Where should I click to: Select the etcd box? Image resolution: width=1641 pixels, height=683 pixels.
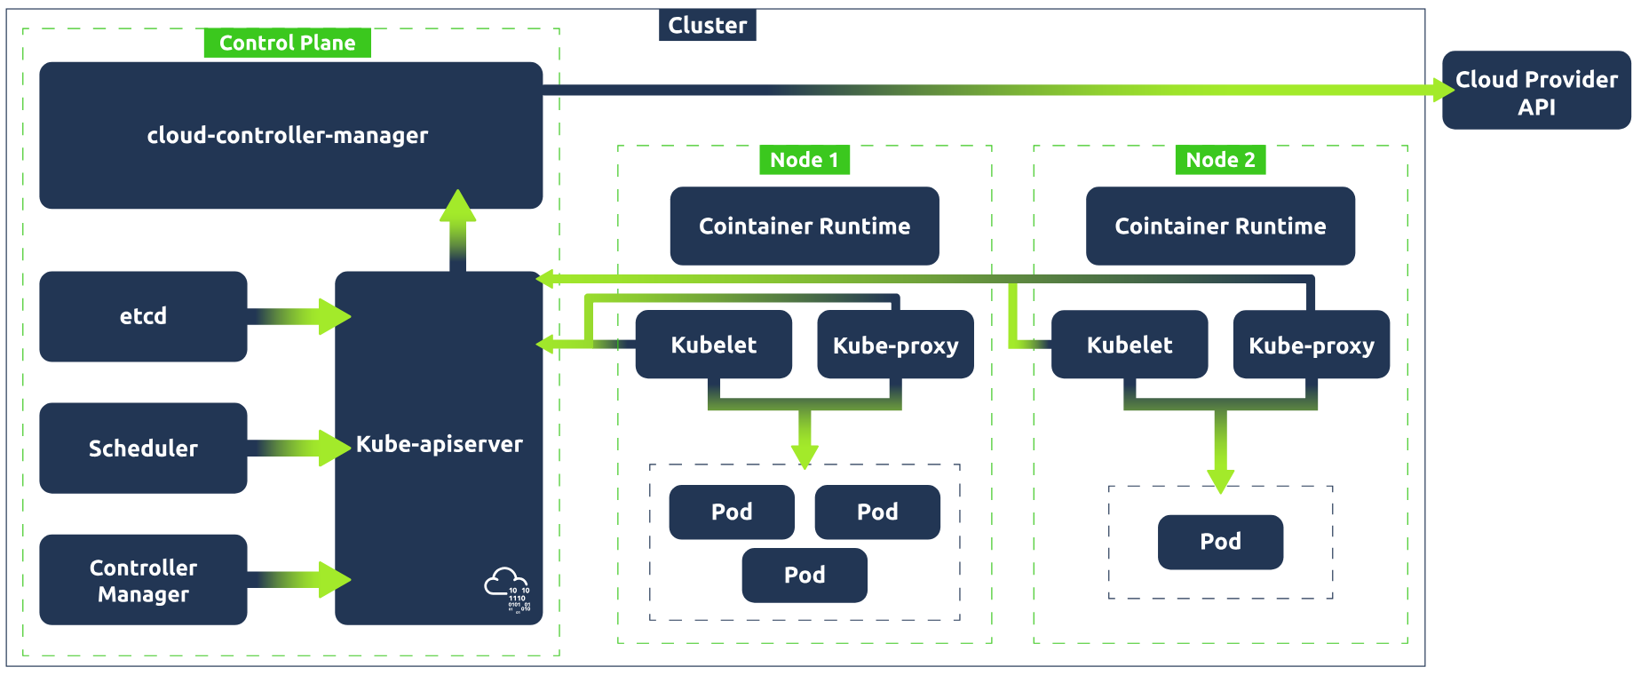point(143,316)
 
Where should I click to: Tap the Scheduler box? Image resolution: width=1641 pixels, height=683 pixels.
point(143,448)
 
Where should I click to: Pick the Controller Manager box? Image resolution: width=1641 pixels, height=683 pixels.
point(143,580)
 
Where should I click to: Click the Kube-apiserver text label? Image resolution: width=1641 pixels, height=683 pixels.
point(439,444)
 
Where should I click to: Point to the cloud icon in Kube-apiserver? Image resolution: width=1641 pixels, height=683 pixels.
point(507,589)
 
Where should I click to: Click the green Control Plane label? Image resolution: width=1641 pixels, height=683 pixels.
point(287,43)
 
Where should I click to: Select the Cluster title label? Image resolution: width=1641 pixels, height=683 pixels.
point(707,25)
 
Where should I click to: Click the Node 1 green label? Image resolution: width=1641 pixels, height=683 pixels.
point(804,160)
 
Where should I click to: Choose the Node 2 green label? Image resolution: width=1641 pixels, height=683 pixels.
point(1220,160)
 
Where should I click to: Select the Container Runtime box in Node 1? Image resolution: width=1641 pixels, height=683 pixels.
point(804,226)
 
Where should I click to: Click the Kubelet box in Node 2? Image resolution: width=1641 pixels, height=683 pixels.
point(1129,345)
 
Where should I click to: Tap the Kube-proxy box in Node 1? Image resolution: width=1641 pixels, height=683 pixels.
point(895,345)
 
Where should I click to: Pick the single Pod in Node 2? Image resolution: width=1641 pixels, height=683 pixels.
point(1220,542)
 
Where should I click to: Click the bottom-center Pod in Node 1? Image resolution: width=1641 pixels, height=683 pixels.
point(804,575)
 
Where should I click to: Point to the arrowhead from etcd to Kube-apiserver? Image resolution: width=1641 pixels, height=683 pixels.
point(335,316)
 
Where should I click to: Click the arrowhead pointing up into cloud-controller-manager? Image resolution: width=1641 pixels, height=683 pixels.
point(458,206)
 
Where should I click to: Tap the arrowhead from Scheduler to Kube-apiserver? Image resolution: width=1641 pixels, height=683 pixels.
point(335,448)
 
